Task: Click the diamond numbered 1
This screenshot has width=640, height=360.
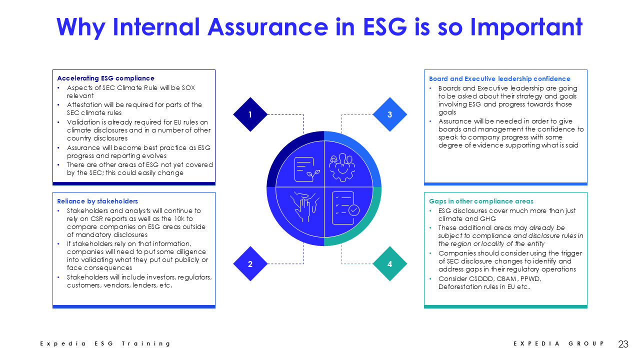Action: pos(250,114)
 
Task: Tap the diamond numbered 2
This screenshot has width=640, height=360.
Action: pos(250,263)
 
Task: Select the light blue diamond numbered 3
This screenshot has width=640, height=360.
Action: pos(389,114)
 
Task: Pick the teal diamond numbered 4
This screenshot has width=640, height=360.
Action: pos(389,263)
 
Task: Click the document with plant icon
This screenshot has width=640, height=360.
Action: pos(307,169)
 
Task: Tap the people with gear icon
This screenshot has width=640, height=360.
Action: pos(342,167)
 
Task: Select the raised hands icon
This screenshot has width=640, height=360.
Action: pos(304,207)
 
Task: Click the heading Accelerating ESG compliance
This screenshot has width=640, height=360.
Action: pos(105,78)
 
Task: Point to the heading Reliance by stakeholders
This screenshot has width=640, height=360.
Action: pos(97,201)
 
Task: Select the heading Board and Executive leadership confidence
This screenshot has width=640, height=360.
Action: pos(499,79)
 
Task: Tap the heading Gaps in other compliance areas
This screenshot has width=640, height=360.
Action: pos(481,201)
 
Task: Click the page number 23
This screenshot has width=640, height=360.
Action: pos(623,344)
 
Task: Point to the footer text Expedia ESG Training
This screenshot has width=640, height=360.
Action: pos(105,343)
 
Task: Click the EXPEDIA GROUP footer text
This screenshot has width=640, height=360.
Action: pos(558,343)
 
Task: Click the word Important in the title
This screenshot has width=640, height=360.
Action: pos(526,27)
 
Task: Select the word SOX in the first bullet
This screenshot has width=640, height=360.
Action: pos(188,87)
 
